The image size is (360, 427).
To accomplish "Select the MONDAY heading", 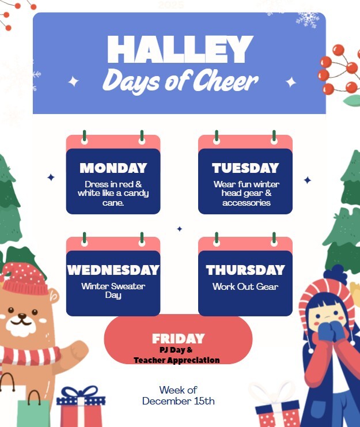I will click(113, 168).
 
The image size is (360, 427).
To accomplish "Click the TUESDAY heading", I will click(245, 168).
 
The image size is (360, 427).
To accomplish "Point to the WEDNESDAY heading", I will click(113, 270).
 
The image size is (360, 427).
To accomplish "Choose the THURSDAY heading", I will click(245, 270).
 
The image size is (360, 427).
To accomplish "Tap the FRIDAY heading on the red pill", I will click(178, 338).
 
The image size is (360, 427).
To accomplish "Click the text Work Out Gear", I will click(245, 286).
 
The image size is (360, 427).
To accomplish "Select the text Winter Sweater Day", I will click(113, 290).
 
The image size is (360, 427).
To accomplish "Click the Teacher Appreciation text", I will click(177, 360).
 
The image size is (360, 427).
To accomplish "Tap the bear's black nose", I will click(22, 316).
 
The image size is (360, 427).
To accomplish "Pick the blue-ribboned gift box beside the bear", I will click(81, 406).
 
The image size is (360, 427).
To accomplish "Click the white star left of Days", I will click(73, 82).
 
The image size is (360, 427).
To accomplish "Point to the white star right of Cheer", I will click(291, 82).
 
